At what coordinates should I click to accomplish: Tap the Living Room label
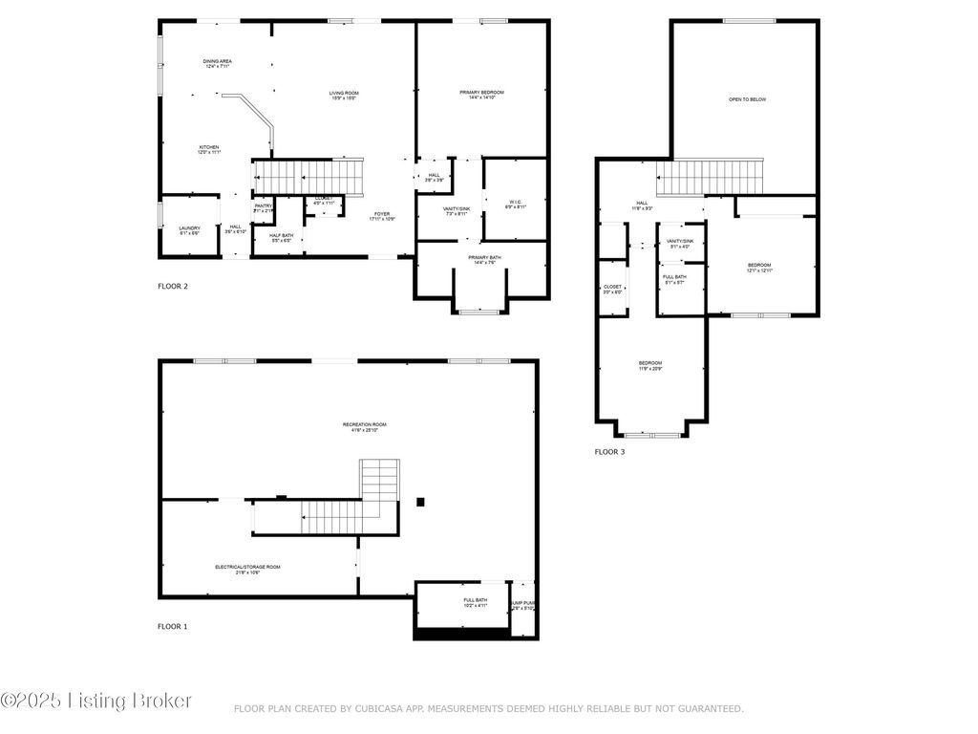coord(344,95)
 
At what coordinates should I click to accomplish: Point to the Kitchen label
coord(209,150)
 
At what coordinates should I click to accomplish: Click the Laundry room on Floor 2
coord(189,230)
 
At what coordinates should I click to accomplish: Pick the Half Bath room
coord(281,238)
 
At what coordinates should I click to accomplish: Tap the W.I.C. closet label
coord(514,204)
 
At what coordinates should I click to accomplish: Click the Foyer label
coord(382,217)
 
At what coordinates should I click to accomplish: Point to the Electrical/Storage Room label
coord(247,569)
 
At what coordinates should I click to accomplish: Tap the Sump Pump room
coord(523,605)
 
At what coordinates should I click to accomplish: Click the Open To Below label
coord(747,99)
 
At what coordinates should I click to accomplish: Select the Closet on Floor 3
coord(612,289)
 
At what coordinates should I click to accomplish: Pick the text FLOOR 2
coord(173,286)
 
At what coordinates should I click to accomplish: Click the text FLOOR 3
coord(609,451)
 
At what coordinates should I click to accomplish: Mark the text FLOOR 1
coord(173,627)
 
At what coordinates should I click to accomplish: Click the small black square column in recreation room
coord(420,501)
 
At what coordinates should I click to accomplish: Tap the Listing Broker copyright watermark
coord(96,702)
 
